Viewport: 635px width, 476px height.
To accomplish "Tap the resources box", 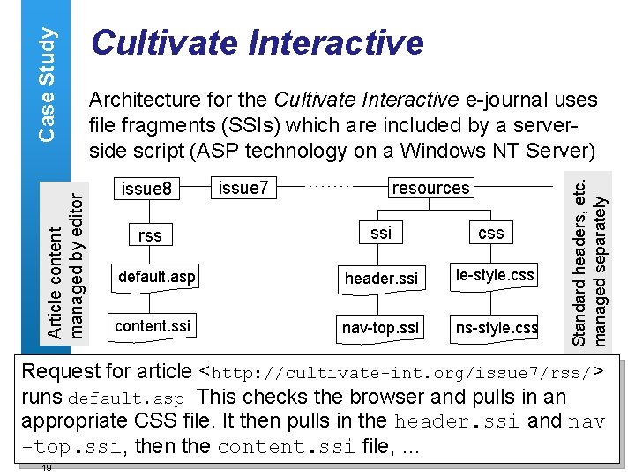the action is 430,188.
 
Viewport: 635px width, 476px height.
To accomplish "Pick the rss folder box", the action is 150,235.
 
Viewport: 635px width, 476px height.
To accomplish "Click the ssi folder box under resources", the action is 381,233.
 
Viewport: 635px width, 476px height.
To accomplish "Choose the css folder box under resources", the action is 490,233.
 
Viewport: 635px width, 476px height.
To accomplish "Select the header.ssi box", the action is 381,279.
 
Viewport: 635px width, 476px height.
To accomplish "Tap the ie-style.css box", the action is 494,276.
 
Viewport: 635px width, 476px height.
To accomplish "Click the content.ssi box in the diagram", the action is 152,325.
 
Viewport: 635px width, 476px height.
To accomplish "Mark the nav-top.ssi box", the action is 381,328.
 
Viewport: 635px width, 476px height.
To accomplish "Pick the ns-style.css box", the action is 496,328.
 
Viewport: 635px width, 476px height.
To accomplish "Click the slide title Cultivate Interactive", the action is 258,41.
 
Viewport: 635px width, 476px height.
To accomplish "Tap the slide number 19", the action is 46,468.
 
